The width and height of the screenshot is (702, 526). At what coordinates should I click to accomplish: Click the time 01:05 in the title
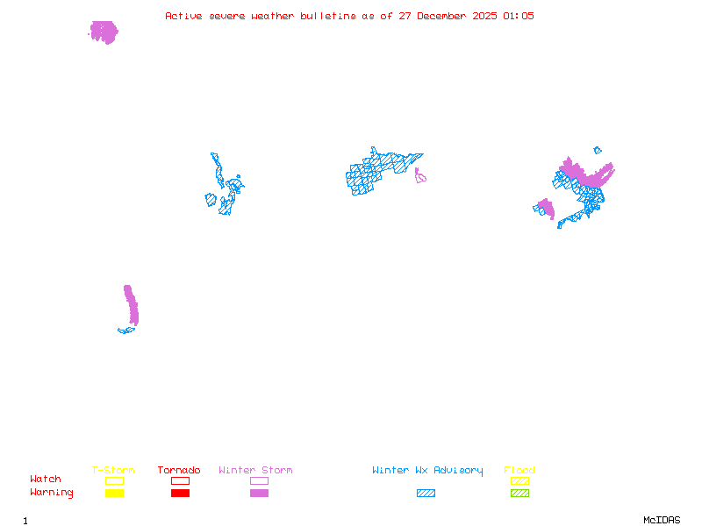pyautogui.click(x=519, y=16)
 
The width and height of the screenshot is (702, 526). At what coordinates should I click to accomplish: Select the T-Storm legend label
pyautogui.click(x=113, y=471)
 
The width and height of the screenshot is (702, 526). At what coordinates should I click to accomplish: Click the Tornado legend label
pyautogui.click(x=179, y=471)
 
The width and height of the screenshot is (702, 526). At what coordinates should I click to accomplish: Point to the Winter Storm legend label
pyautogui.click(x=255, y=471)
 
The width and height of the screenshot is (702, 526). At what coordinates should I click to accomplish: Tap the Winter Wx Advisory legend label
pyautogui.click(x=427, y=471)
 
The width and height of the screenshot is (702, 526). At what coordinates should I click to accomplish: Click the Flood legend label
pyautogui.click(x=519, y=471)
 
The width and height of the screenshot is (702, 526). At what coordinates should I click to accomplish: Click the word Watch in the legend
pyautogui.click(x=46, y=480)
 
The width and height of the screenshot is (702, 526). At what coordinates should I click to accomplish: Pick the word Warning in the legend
pyautogui.click(x=52, y=493)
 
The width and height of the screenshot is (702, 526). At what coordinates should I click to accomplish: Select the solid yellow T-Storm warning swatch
pyautogui.click(x=114, y=494)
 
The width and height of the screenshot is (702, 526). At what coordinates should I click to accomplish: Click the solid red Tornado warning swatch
pyautogui.click(x=180, y=494)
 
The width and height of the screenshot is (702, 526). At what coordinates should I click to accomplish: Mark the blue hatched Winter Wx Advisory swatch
pyautogui.click(x=426, y=494)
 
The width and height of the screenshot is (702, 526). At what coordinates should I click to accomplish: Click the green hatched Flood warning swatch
pyautogui.click(x=519, y=494)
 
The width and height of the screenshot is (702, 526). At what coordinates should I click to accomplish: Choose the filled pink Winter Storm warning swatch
pyautogui.click(x=259, y=494)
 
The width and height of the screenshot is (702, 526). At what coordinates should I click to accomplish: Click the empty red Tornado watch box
pyautogui.click(x=180, y=480)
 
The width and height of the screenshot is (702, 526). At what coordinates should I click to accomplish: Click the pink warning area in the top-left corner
pyautogui.click(x=104, y=32)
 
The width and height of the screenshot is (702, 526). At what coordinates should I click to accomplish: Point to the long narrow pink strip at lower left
pyautogui.click(x=132, y=306)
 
